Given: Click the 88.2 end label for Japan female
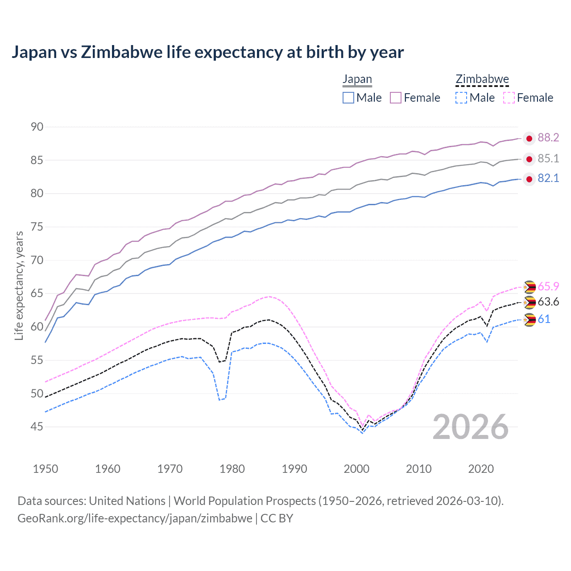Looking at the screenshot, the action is pyautogui.click(x=548, y=137).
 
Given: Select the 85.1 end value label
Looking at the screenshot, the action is pyautogui.click(x=548, y=158).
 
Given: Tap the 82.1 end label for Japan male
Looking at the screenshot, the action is pyautogui.click(x=548, y=178).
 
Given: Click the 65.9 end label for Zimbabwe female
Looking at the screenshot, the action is pyautogui.click(x=548, y=286).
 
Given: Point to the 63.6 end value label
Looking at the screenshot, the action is pyautogui.click(x=548, y=302).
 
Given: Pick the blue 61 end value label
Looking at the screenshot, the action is pyautogui.click(x=544, y=319).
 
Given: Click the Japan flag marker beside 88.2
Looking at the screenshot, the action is pyautogui.click(x=529, y=139).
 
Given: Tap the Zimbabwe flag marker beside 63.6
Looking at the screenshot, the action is pyautogui.click(x=529, y=302).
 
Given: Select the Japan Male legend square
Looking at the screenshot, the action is pyautogui.click(x=348, y=98).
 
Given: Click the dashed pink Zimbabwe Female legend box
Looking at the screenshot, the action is pyautogui.click(x=509, y=98).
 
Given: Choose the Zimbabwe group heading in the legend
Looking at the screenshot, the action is pyautogui.click(x=482, y=79).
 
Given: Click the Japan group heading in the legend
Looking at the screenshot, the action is pyautogui.click(x=357, y=79).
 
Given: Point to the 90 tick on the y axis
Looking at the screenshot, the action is pyautogui.click(x=37, y=127).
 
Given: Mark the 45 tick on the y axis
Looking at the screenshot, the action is pyautogui.click(x=37, y=427).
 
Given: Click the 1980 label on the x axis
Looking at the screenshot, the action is pyautogui.click(x=232, y=469).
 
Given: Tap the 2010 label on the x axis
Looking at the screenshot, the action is pyautogui.click(x=418, y=469).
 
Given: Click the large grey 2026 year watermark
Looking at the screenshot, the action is pyautogui.click(x=471, y=427).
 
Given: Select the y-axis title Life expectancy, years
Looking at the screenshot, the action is pyautogui.click(x=19, y=285).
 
